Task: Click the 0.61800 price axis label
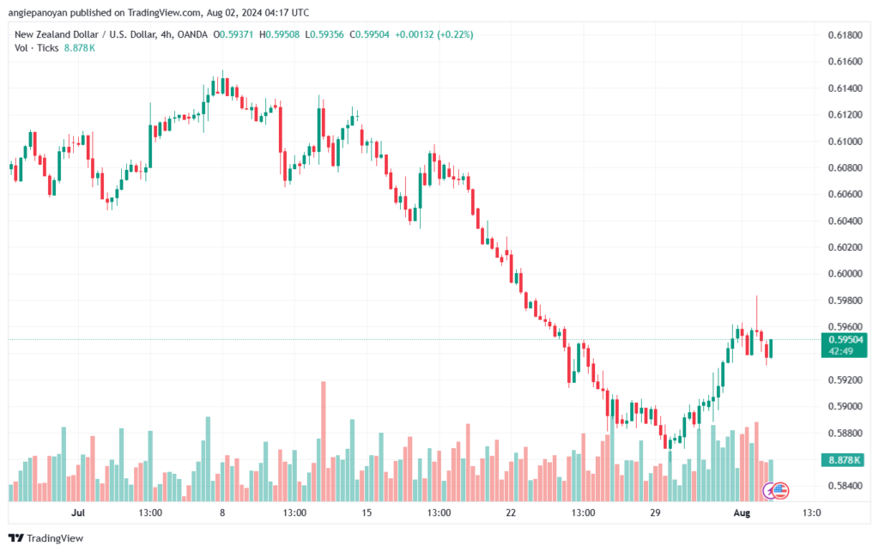pyautogui.click(x=846, y=35)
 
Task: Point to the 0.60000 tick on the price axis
pyautogui.click(x=846, y=274)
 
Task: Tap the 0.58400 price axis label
pyautogui.click(x=846, y=486)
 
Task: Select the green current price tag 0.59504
pyautogui.click(x=846, y=339)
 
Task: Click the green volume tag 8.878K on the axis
pyautogui.click(x=846, y=461)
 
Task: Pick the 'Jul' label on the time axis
pyautogui.click(x=78, y=513)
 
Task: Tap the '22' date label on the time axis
pyautogui.click(x=511, y=513)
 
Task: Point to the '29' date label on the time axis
pyautogui.click(x=655, y=513)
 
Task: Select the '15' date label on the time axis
pyautogui.click(x=367, y=513)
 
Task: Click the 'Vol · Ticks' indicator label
pyautogui.click(x=35, y=48)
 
